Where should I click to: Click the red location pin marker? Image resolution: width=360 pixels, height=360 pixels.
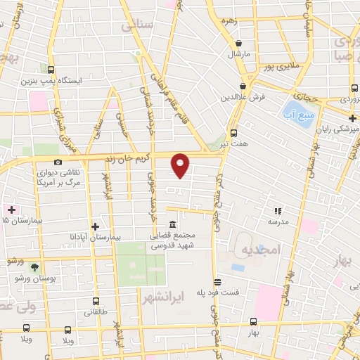tap(181, 165)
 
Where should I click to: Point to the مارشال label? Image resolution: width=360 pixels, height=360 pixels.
tap(239, 53)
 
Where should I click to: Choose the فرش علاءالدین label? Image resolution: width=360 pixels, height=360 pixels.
tap(244, 96)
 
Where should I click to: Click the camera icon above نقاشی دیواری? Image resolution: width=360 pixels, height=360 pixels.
tap(58, 162)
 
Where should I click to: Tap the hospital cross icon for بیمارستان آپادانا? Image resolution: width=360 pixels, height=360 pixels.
tap(95, 226)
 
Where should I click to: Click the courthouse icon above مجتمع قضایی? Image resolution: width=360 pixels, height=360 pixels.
tap(172, 222)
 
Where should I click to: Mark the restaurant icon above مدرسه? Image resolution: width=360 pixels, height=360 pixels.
tap(278, 210)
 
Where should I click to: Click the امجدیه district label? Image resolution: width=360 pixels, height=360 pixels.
tap(261, 250)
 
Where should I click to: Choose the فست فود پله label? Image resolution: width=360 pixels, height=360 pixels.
tap(236, 291)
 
